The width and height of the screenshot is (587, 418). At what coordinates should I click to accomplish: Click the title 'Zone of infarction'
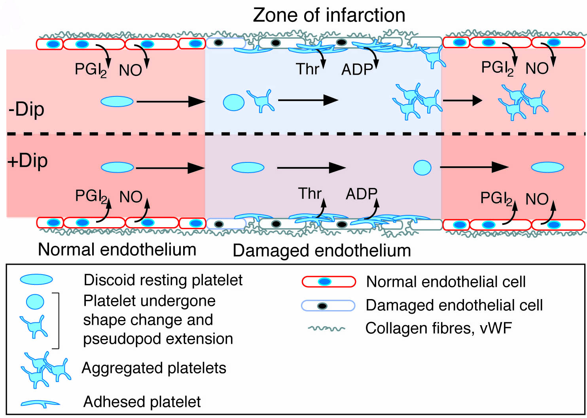[329, 15]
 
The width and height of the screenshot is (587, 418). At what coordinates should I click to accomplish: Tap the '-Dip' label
[26, 109]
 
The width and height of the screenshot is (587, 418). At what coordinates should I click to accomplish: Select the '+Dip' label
[28, 160]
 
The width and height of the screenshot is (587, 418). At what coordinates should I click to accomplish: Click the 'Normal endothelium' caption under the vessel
[117, 250]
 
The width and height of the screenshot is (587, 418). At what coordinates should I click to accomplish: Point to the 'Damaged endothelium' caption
[322, 250]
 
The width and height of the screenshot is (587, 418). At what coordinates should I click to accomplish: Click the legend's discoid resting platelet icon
[36, 280]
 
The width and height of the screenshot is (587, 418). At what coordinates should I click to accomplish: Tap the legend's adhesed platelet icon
[40, 403]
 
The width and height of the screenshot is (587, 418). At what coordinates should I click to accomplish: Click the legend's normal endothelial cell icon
[328, 282]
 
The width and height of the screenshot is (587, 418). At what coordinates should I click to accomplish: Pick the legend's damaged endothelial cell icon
[328, 306]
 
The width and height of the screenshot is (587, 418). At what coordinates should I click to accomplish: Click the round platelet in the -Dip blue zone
[234, 102]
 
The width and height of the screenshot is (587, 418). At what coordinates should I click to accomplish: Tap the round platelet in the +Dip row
[422, 168]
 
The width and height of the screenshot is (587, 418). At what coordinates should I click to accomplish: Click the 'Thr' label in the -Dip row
[307, 69]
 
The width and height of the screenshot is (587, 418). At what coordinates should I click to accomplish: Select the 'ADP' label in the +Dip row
[361, 194]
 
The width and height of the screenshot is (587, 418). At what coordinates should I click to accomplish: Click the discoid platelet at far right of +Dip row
[547, 168]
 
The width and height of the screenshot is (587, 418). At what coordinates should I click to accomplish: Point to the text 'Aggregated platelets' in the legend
[154, 368]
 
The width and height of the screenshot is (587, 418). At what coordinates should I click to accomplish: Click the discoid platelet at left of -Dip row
[117, 102]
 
